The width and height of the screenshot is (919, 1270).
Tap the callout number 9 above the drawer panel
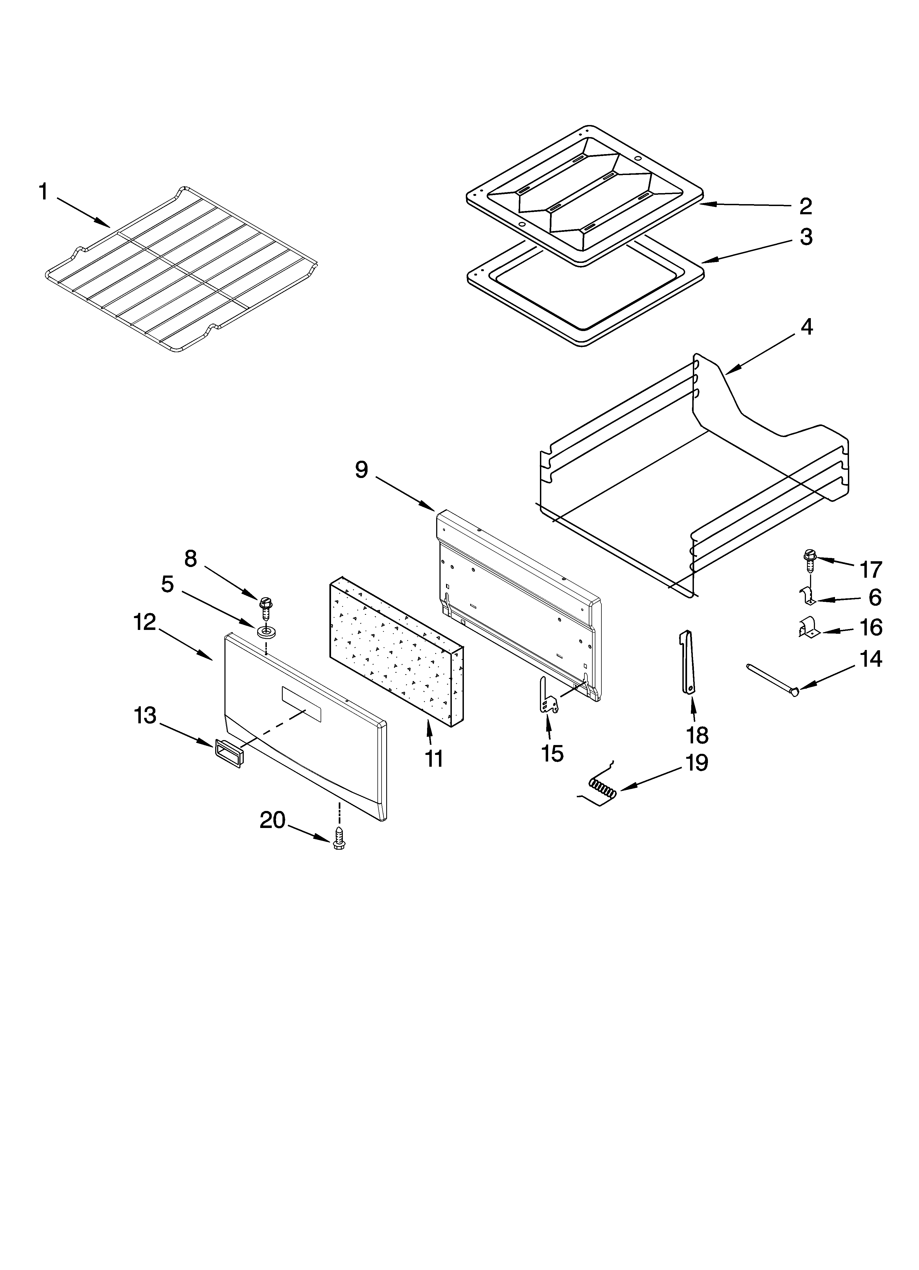(x=362, y=469)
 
